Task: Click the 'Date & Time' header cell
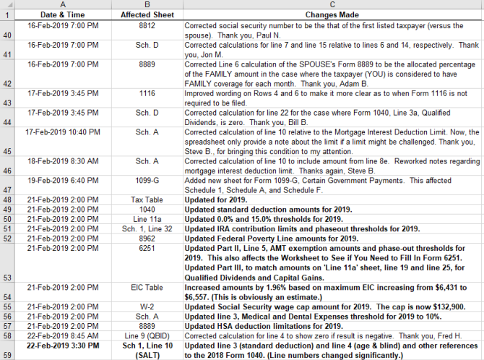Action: click(x=63, y=14)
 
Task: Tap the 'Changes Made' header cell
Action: click(x=333, y=14)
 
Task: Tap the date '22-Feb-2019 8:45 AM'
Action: click(x=63, y=335)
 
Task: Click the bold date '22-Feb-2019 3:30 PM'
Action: click(x=63, y=346)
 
